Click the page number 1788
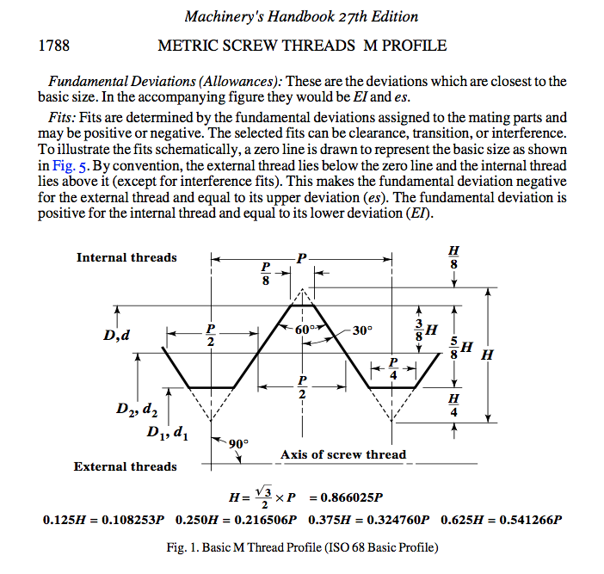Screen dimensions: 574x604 (54, 44)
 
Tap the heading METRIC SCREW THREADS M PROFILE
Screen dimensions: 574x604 (302, 44)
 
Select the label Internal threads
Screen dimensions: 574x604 (126, 257)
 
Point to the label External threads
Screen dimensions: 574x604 (125, 466)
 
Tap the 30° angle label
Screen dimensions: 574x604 (362, 330)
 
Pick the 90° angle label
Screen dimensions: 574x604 (237, 443)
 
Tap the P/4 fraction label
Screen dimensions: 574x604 (393, 369)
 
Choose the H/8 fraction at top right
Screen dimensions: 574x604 (453, 257)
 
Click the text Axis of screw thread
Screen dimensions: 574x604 (342, 454)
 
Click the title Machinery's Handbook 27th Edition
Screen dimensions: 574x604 (301, 16)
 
